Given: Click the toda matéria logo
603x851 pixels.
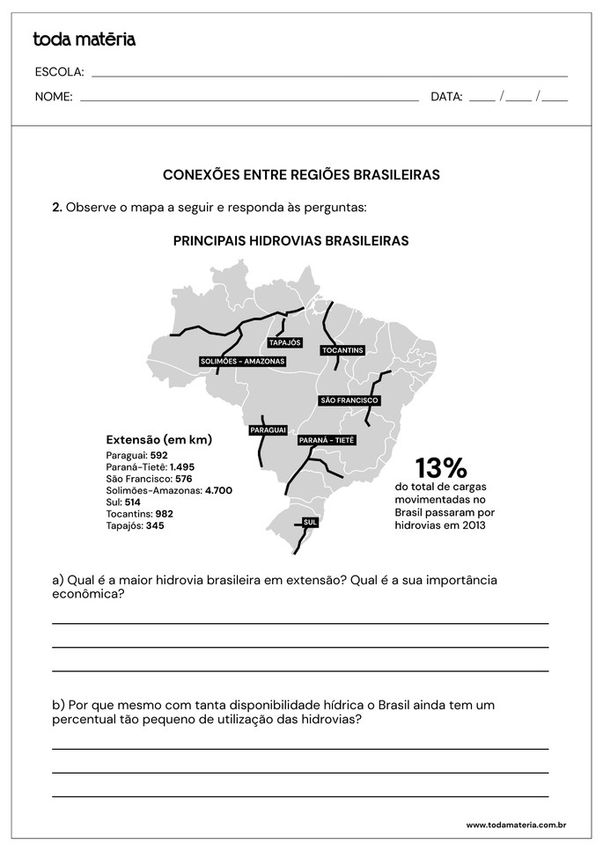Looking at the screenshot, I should [84, 40].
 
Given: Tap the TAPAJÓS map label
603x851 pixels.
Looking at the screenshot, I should [284, 342].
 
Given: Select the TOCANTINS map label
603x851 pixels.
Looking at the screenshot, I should [342, 350].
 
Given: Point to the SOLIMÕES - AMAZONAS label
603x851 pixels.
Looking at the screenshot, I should [242, 362].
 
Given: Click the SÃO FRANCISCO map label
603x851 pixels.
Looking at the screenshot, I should [349, 400].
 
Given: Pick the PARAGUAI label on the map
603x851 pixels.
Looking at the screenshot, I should [268, 429].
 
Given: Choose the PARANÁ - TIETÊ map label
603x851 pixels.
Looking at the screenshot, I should [326, 440].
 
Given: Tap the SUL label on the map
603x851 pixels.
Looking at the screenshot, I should [309, 522].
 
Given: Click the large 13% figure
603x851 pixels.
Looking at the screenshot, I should [440, 467].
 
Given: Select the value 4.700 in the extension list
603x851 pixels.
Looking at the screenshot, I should [218, 490].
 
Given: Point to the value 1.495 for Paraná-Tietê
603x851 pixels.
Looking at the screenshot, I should [182, 466].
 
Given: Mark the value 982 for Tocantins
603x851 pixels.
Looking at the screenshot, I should [164, 513].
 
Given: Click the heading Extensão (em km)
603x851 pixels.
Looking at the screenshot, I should [158, 439].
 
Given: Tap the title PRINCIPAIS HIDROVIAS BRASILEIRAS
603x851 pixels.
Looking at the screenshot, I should [290, 240].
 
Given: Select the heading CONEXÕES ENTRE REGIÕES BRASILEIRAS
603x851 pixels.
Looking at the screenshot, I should [301, 175].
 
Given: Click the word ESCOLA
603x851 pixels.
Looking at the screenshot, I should [59, 71].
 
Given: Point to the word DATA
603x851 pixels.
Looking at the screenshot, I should [446, 97].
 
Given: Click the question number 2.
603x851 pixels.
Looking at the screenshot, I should [56, 208].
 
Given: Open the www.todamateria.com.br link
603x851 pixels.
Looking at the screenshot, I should [515, 825].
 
